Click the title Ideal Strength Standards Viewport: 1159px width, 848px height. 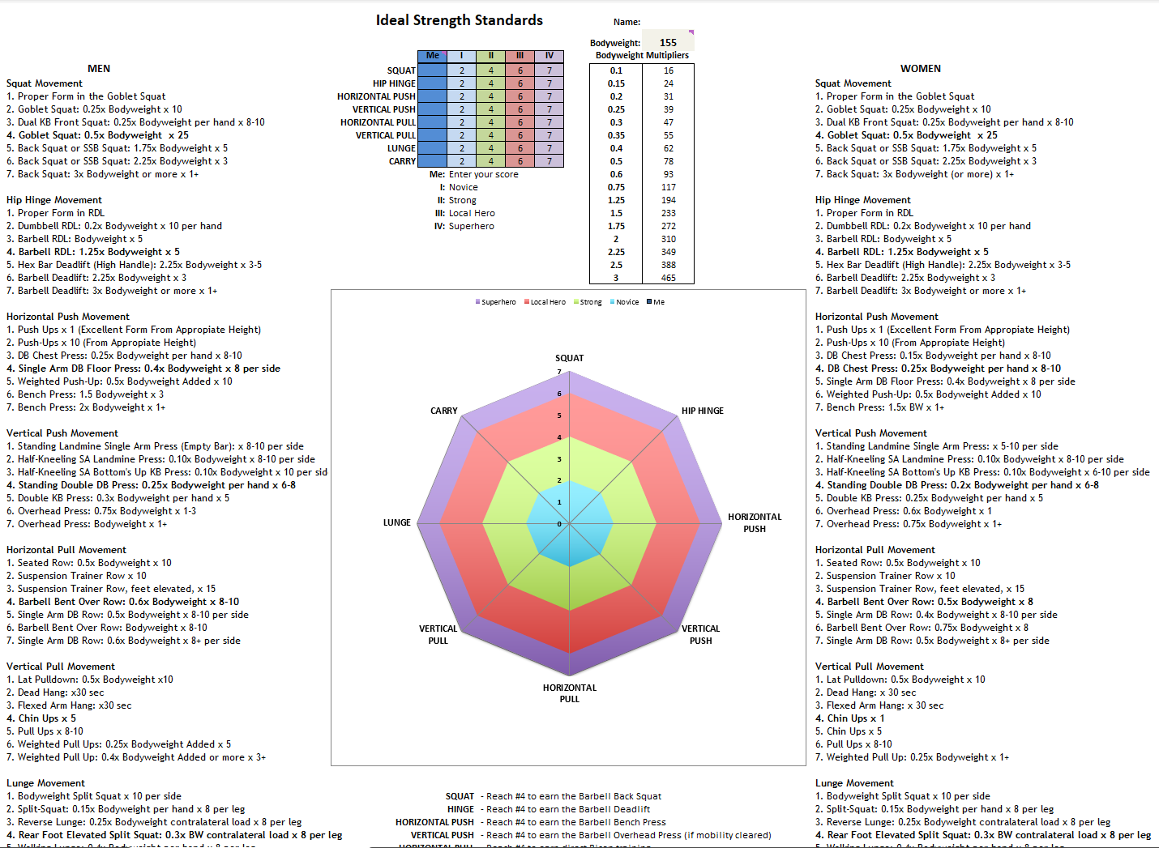tap(459, 20)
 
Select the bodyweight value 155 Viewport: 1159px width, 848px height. tap(668, 43)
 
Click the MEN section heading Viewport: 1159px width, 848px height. tap(99, 69)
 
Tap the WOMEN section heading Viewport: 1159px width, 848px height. tap(920, 69)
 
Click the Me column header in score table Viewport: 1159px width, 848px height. tap(433, 56)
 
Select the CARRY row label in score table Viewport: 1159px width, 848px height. tap(402, 161)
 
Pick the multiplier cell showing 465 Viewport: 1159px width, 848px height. tap(668, 278)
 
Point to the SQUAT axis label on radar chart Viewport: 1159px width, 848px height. tap(569, 358)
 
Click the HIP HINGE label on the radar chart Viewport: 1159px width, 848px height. tap(702, 411)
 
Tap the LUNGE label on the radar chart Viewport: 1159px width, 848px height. tap(396, 522)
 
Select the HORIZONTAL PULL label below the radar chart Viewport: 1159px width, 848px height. tap(569, 693)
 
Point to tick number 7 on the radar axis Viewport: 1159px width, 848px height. tap(559, 373)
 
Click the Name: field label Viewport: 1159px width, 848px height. tap(627, 22)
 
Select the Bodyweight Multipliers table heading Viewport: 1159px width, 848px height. tap(642, 56)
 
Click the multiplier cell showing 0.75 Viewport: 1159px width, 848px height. tap(616, 187)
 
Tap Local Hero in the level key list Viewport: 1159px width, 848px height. tap(472, 213)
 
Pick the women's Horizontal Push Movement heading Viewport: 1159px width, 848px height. tap(876, 317)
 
